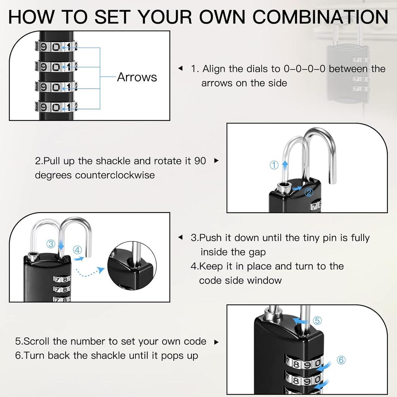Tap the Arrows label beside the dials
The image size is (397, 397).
click(137, 77)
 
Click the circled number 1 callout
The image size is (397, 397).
click(274, 165)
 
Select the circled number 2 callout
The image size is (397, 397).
click(309, 192)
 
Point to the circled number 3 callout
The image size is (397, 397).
click(51, 244)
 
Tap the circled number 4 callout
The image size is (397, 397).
click(77, 250)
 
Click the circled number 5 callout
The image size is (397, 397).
click(317, 321)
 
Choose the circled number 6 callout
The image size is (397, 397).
click(341, 360)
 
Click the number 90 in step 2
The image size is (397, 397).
click(200, 161)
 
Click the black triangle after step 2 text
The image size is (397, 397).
click(216, 161)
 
